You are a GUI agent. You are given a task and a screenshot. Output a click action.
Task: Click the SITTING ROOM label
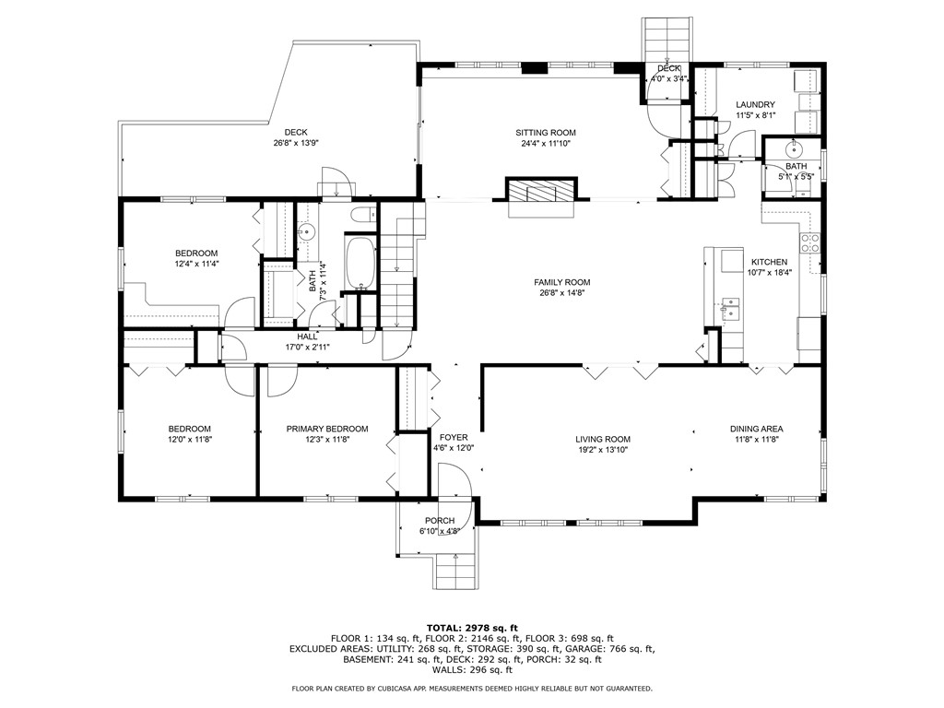(546, 133)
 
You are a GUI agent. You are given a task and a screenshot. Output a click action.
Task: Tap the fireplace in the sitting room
(542, 192)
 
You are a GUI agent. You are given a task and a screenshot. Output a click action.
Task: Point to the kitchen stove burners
(809, 243)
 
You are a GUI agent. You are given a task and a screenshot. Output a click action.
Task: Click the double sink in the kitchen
(729, 307)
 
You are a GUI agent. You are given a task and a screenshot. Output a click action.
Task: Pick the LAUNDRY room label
(755, 104)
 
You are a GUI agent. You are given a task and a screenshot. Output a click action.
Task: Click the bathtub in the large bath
(359, 264)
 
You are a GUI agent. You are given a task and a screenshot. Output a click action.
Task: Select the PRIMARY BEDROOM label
(326, 429)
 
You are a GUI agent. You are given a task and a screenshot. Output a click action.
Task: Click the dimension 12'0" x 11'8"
(189, 441)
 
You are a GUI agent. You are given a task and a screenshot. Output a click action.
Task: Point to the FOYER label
(453, 437)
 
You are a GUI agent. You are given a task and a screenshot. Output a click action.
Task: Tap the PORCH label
(440, 521)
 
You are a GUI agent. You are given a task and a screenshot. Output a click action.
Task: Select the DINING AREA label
(756, 429)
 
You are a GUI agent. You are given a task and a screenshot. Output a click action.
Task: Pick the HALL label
(307, 337)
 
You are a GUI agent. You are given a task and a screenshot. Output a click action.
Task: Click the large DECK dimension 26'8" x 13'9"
(295, 144)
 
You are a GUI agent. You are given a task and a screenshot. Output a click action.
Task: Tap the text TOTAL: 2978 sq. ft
(471, 626)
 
